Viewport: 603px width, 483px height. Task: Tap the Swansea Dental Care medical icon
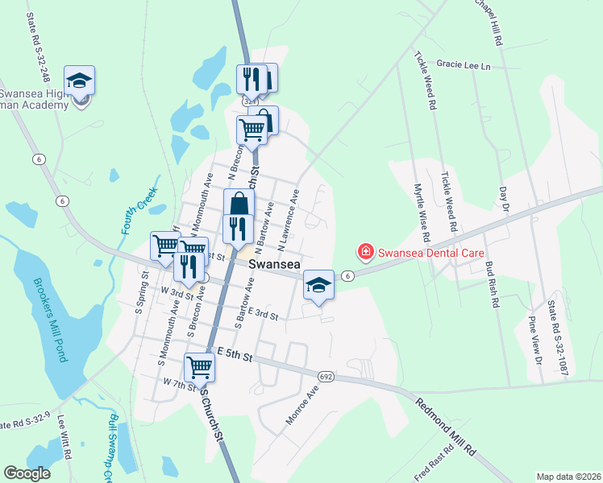pos(366,252)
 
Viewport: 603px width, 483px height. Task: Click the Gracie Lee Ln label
pos(464,64)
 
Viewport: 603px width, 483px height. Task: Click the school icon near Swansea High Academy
pos(80,80)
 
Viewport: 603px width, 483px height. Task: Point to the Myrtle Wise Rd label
pos(421,215)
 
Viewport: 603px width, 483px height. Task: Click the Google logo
pos(27,473)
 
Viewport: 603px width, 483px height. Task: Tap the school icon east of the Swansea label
pos(319,283)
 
